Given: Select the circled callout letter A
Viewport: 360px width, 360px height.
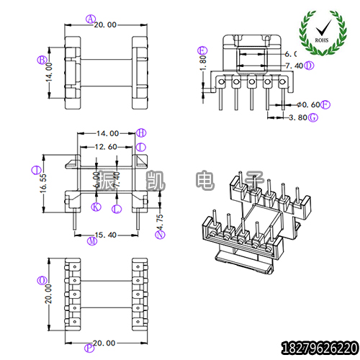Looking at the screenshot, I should (x=90, y=19).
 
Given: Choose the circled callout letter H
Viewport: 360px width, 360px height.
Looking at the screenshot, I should (x=140, y=132).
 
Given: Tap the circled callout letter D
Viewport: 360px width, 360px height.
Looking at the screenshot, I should (x=309, y=66).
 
